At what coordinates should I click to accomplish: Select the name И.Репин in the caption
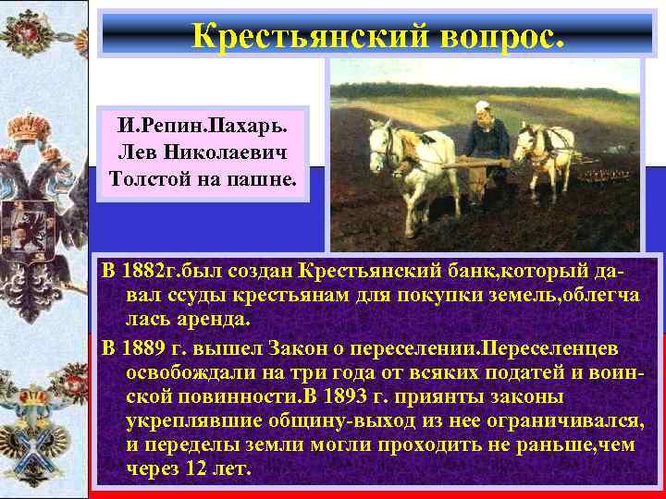[x=156, y=124]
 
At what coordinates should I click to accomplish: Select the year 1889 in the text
[x=146, y=350]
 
